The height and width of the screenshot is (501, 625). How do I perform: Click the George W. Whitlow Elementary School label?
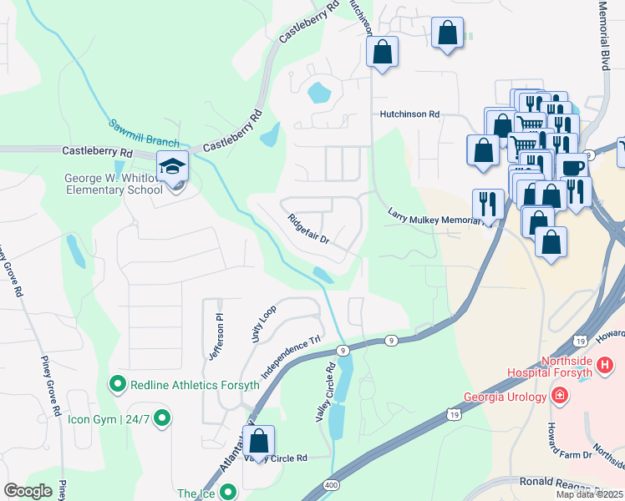pyautogui.click(x=114, y=184)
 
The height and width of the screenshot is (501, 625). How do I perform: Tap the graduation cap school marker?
pyautogui.click(x=172, y=168)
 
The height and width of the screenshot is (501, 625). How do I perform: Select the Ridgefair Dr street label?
pyautogui.click(x=310, y=230)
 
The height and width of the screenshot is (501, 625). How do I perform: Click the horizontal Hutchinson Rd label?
pyautogui.click(x=409, y=114)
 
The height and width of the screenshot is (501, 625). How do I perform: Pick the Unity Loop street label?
pyautogui.click(x=263, y=323)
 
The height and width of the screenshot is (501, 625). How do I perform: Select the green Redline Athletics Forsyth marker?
pyautogui.click(x=117, y=384)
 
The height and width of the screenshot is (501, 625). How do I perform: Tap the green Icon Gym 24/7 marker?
pyautogui.click(x=162, y=417)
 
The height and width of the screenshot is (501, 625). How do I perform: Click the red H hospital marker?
pyautogui.click(x=605, y=365)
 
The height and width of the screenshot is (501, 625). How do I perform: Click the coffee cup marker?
pyautogui.click(x=572, y=168)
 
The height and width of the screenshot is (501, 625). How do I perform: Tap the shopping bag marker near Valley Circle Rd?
pyautogui.click(x=260, y=440)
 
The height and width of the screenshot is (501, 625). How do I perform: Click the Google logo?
pyautogui.click(x=28, y=491)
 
